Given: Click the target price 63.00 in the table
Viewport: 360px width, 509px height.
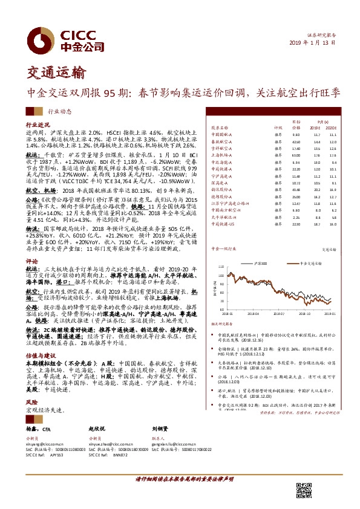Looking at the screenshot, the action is [296, 155].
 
